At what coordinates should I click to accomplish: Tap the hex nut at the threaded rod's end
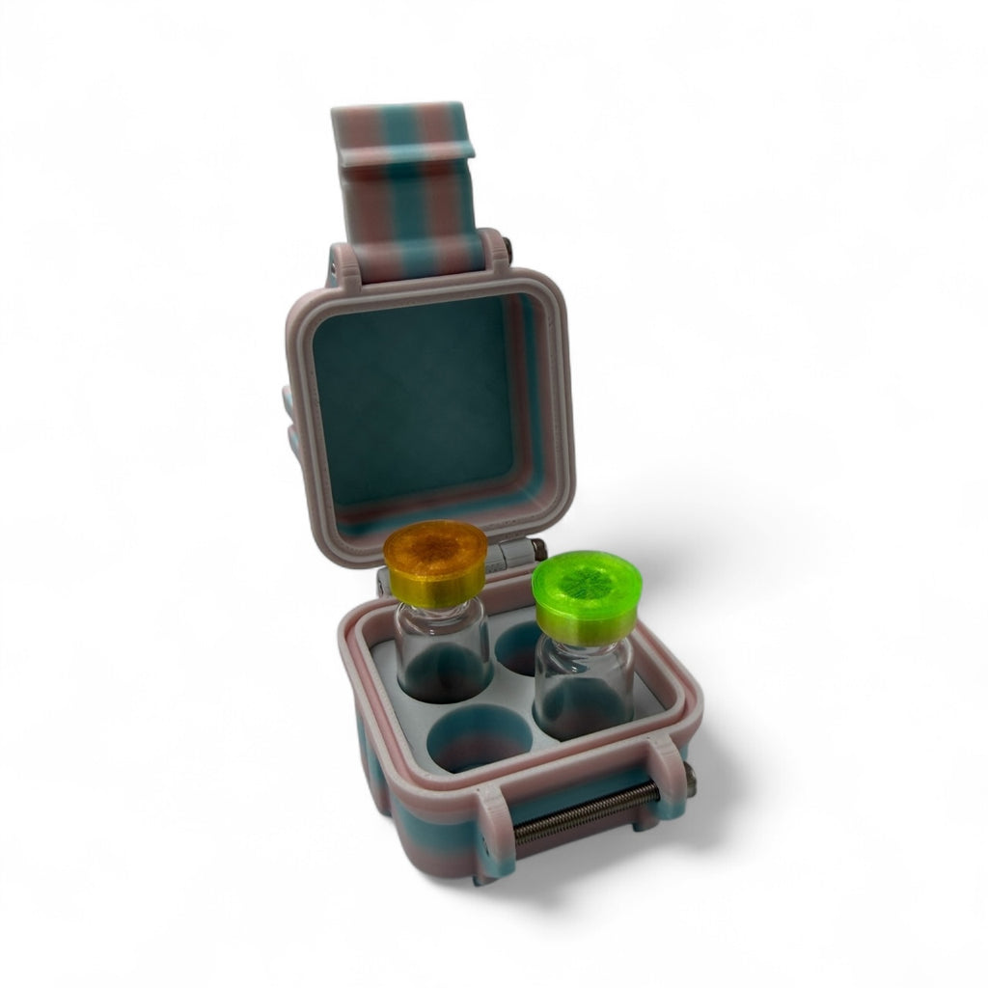(689, 775)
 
